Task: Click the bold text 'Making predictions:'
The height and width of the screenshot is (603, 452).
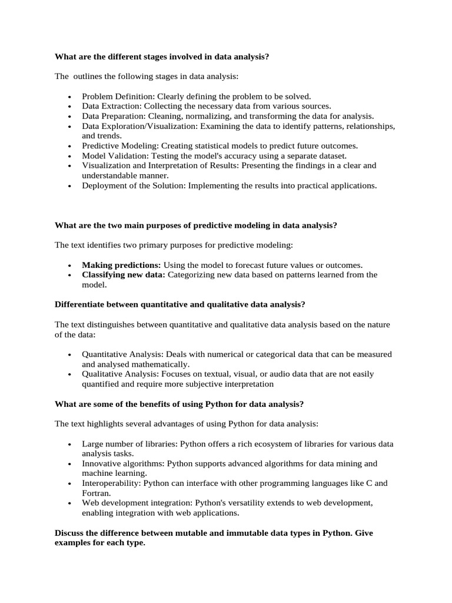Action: coord(121,265)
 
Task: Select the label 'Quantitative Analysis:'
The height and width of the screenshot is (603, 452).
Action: coord(123,354)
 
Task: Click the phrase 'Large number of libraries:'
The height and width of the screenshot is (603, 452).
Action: coord(129,443)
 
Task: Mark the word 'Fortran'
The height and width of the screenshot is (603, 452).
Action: coord(95,493)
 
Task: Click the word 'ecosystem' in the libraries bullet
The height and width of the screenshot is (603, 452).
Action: coord(285,443)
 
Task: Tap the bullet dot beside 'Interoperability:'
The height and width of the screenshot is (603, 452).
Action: coord(69,484)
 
